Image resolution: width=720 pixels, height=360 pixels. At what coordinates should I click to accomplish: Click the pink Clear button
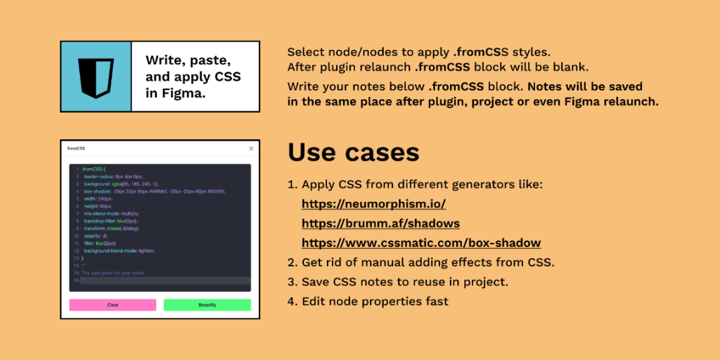point(112,305)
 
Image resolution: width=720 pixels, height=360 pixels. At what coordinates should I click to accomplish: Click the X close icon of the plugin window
point(251,148)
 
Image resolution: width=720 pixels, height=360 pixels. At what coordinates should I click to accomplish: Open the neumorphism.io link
point(373,204)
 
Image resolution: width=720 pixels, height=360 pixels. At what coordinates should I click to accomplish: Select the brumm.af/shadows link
point(380,224)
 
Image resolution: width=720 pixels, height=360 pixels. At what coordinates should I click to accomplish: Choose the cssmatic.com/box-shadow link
point(421,243)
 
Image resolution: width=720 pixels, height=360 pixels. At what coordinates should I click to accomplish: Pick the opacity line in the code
point(96,236)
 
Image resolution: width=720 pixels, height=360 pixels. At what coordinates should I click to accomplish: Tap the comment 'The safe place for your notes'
point(113,272)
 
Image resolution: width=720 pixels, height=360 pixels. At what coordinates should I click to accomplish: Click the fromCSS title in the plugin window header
point(76,148)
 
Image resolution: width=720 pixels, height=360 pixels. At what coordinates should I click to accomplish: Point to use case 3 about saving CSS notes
point(405,282)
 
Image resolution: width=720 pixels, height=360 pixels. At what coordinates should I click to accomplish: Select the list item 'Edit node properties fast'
point(375,302)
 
